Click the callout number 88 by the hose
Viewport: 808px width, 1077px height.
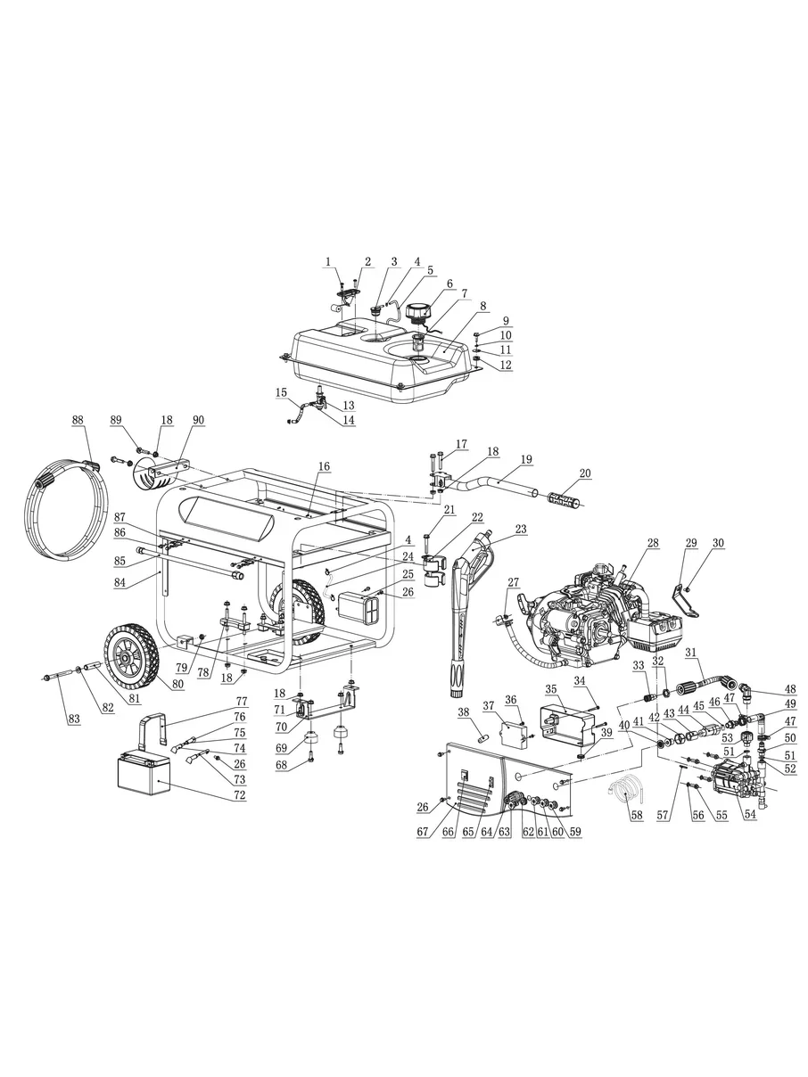pos(77,420)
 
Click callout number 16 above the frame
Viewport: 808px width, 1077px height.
pos(324,466)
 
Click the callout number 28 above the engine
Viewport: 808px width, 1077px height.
pos(653,543)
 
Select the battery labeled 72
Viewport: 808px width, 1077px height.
pos(144,776)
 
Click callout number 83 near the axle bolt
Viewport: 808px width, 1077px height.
pos(74,719)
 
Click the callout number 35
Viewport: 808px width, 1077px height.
pos(551,689)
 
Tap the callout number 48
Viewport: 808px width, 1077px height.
pos(790,689)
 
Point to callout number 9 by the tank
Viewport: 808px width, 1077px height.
pos(506,321)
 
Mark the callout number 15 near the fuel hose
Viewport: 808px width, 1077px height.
pos(281,392)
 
